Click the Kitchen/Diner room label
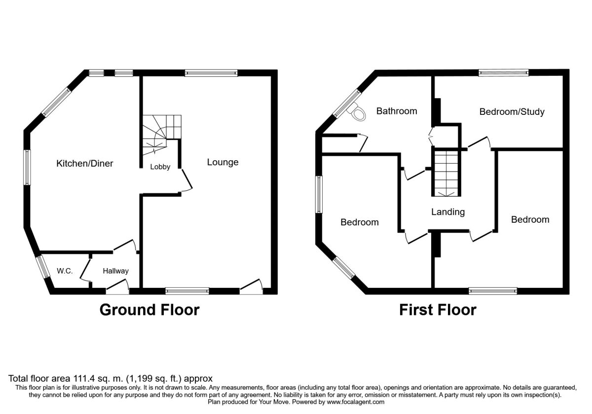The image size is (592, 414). pos(84,163)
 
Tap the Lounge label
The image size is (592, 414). pos(222,162)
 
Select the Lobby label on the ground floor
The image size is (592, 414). pos(160,167)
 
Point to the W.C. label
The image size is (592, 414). pos(65,271)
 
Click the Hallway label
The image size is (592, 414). pos(115,271)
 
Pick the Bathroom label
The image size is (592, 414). pos(397,111)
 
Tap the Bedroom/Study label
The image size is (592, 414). pos(512,112)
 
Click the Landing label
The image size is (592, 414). pos(448,212)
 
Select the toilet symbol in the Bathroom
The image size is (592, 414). pos(359,113)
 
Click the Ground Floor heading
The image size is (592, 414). pos(149,310)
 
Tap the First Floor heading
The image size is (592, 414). pos(438,310)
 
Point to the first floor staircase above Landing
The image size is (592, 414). pos(447,172)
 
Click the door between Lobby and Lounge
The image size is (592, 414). pos(186,180)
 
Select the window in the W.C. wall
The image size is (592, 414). pos(43,266)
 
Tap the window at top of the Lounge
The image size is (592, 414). pos(211,73)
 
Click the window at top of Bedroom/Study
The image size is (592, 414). pos(504,73)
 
